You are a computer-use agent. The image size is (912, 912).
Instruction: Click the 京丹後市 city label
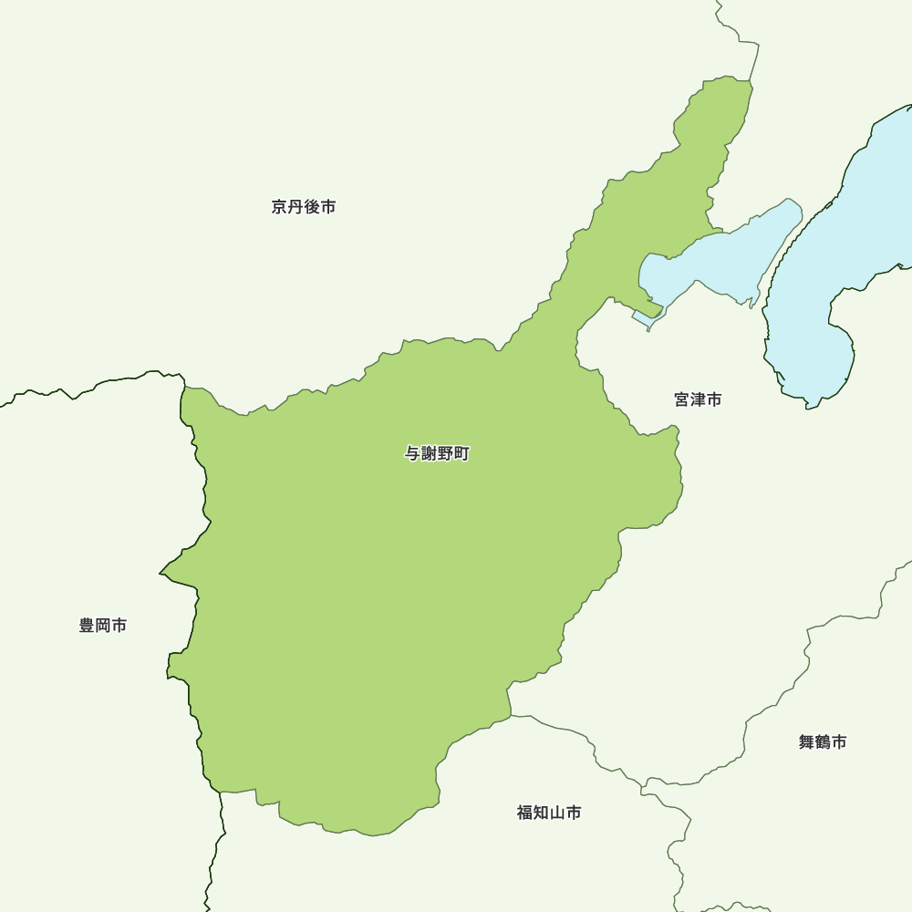click(x=304, y=207)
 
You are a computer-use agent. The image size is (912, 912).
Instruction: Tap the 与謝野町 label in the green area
click(x=438, y=453)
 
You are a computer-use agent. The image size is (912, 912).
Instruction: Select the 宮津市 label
click(x=699, y=399)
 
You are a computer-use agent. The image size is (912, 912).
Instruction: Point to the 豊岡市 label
click(x=103, y=626)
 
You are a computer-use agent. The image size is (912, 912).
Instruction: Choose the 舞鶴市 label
click(x=823, y=742)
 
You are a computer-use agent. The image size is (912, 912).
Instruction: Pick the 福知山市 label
click(x=549, y=813)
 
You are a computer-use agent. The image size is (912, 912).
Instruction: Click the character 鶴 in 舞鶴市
click(x=823, y=742)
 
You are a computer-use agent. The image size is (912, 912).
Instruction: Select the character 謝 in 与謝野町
click(x=430, y=453)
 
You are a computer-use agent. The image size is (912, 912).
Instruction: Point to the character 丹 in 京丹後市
click(x=295, y=207)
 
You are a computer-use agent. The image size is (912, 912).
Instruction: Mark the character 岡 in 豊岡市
click(x=103, y=626)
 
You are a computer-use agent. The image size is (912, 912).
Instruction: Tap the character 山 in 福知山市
click(x=557, y=813)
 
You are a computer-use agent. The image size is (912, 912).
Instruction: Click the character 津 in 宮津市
click(x=699, y=399)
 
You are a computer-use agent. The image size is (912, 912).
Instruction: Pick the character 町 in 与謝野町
click(x=462, y=453)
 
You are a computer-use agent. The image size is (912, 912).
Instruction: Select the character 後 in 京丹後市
click(x=312, y=207)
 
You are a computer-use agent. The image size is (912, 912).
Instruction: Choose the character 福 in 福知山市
click(x=525, y=813)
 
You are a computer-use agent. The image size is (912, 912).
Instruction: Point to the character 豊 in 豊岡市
click(x=88, y=626)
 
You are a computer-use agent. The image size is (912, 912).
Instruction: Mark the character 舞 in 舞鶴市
click(x=807, y=742)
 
